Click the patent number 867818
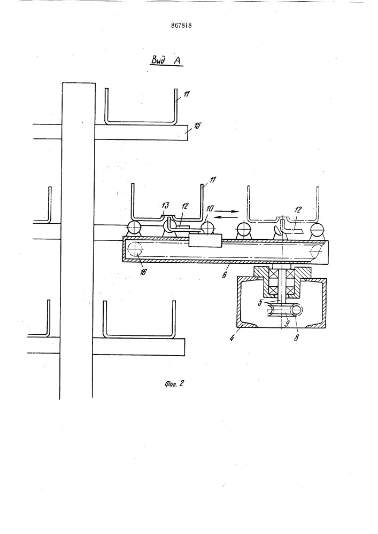(x=181, y=26)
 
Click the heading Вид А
(x=167, y=60)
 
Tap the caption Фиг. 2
(x=174, y=383)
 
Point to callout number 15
(x=197, y=125)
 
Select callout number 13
(x=166, y=206)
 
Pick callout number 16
(x=143, y=272)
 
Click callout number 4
(x=232, y=339)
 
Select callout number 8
(x=296, y=338)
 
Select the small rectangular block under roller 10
(x=205, y=240)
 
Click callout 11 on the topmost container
(x=187, y=95)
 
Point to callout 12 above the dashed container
(x=298, y=210)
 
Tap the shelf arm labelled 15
(x=141, y=132)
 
